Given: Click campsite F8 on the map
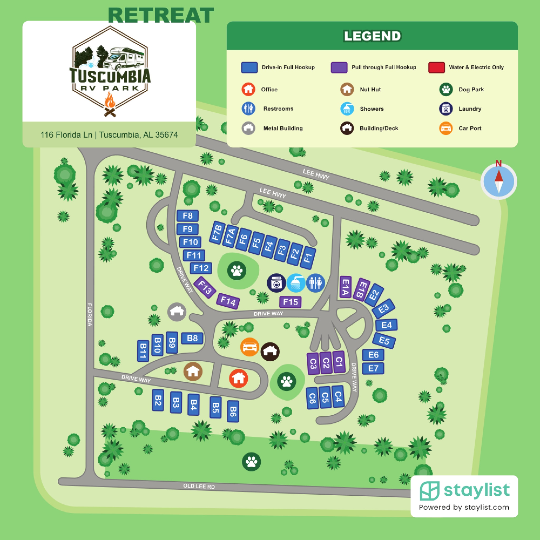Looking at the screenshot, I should [x=187, y=216].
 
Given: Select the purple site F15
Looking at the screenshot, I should [x=290, y=302].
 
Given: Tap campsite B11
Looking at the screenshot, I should [x=143, y=351].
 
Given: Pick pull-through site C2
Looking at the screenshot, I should [x=326, y=363].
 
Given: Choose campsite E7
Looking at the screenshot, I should [x=373, y=368].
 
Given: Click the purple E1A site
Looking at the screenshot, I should [x=345, y=287].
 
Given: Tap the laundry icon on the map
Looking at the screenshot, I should [x=276, y=283].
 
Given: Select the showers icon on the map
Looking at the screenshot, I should [x=296, y=283].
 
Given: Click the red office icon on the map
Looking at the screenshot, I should [x=238, y=378].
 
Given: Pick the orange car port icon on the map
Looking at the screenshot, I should [x=250, y=347].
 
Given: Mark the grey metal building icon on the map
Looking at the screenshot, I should [x=177, y=312].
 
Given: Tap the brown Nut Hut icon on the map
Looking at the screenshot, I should [x=193, y=372].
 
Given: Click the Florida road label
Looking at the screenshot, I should [x=90, y=315].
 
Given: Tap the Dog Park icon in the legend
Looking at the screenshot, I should [x=446, y=89].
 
